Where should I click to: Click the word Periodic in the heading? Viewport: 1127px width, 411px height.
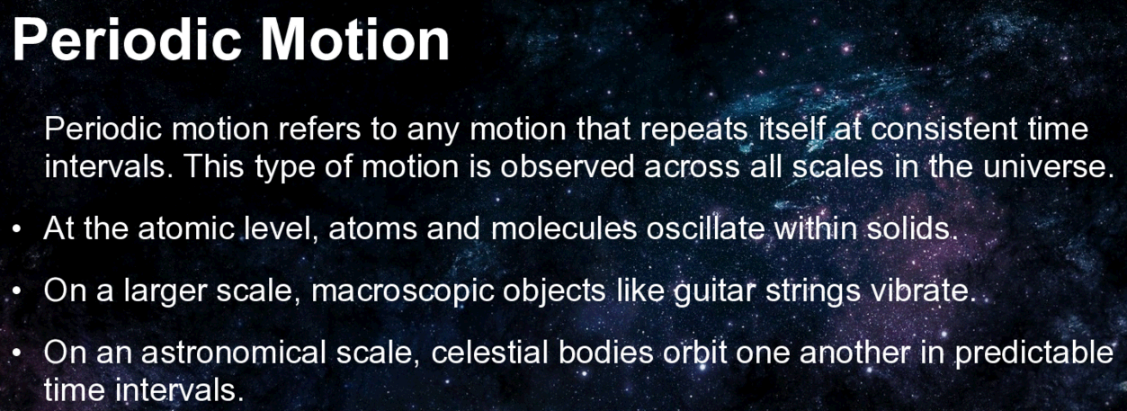coord(127,40)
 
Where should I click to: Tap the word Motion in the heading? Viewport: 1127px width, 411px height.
coord(354,40)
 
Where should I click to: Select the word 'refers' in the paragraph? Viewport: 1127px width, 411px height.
coord(319,129)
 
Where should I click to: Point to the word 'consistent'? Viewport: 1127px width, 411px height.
coord(944,129)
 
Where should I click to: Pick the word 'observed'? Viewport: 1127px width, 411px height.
coord(567,166)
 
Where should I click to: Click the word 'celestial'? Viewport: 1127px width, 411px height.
coord(489,353)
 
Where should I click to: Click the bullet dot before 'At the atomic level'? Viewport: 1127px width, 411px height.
coord(16,230)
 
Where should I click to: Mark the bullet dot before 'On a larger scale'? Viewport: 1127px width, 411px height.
coord(16,291)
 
